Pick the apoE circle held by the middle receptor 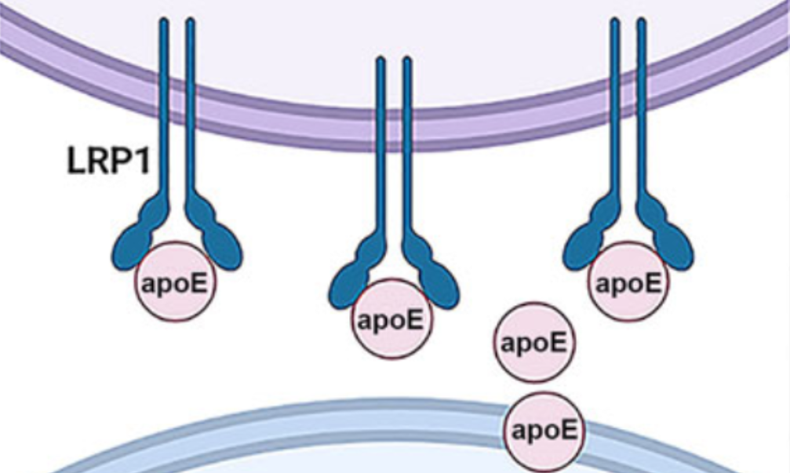coord(390,319)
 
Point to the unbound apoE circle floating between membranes coord(533,344)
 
